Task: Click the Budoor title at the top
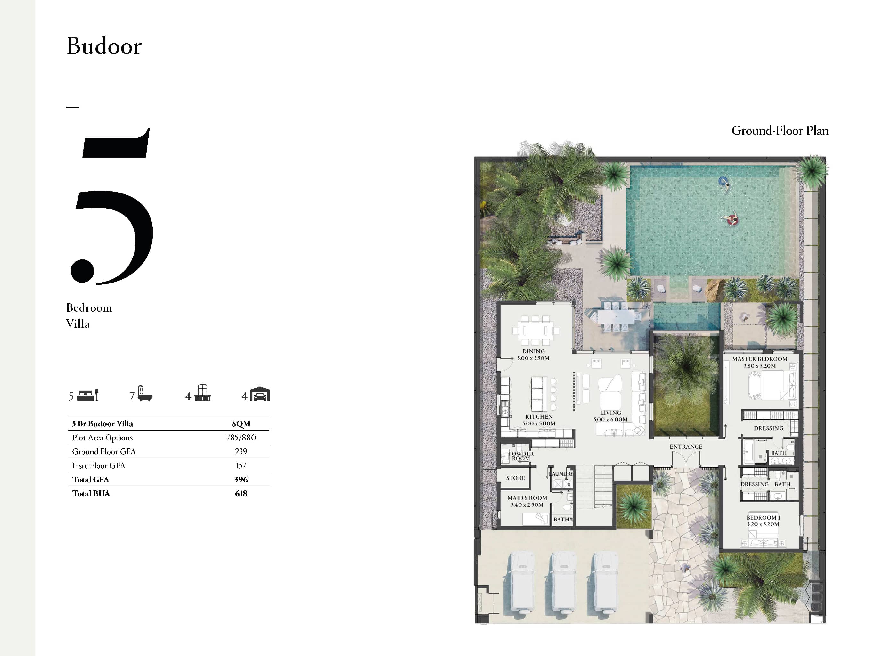click(x=104, y=46)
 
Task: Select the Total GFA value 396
click(x=241, y=480)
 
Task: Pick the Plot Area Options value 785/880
click(x=241, y=438)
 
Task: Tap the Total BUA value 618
click(x=241, y=493)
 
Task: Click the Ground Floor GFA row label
click(x=104, y=451)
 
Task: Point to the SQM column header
click(x=241, y=424)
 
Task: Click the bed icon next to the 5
click(x=88, y=395)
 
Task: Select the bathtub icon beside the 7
click(x=144, y=393)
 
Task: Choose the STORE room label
click(x=515, y=478)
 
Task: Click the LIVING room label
click(x=610, y=413)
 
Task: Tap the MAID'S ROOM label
click(x=527, y=498)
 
